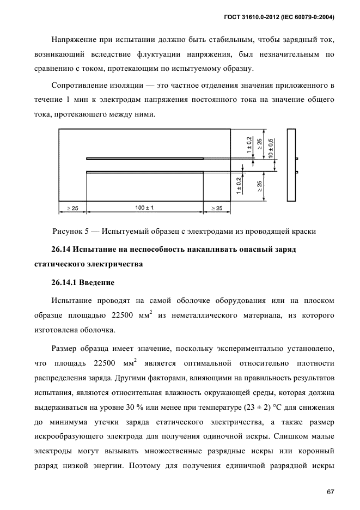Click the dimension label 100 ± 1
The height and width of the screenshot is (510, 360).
coord(145,208)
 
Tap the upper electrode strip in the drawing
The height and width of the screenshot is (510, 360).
coord(145,159)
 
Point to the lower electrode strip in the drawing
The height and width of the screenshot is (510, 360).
coord(145,172)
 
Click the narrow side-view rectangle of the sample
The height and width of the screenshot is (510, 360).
coord(291,166)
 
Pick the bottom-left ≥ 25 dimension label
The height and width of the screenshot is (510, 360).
coord(72,208)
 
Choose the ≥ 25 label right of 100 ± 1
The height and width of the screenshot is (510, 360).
coord(217,208)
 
